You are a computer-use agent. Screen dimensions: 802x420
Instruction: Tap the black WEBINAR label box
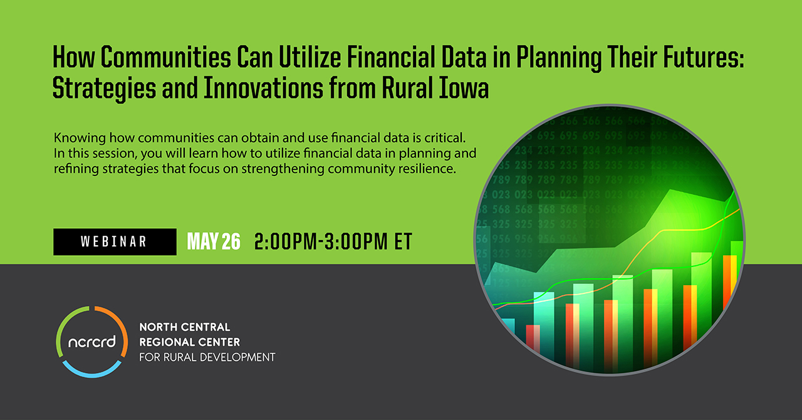pos(115,242)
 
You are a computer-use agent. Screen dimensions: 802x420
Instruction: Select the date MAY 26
pos(214,241)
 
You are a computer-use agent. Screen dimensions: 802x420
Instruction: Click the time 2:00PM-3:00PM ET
pos(333,241)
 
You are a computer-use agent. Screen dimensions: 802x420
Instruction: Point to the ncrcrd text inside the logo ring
pos(92,342)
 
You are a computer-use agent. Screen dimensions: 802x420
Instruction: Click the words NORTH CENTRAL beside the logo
pos(185,327)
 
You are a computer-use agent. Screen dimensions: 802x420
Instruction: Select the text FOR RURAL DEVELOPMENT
pos(207,357)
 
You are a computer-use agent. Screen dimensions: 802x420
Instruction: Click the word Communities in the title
pos(166,57)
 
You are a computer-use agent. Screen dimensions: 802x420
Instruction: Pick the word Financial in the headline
pos(391,57)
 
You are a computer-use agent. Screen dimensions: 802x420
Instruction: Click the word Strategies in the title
pos(104,88)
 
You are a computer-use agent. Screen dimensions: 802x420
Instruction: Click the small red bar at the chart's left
pos(533,339)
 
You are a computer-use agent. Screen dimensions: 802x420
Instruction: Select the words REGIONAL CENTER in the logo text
pos(189,342)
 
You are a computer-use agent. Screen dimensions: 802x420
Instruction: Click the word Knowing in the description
pos(80,138)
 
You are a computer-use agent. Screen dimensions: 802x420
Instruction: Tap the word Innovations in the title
pos(264,88)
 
